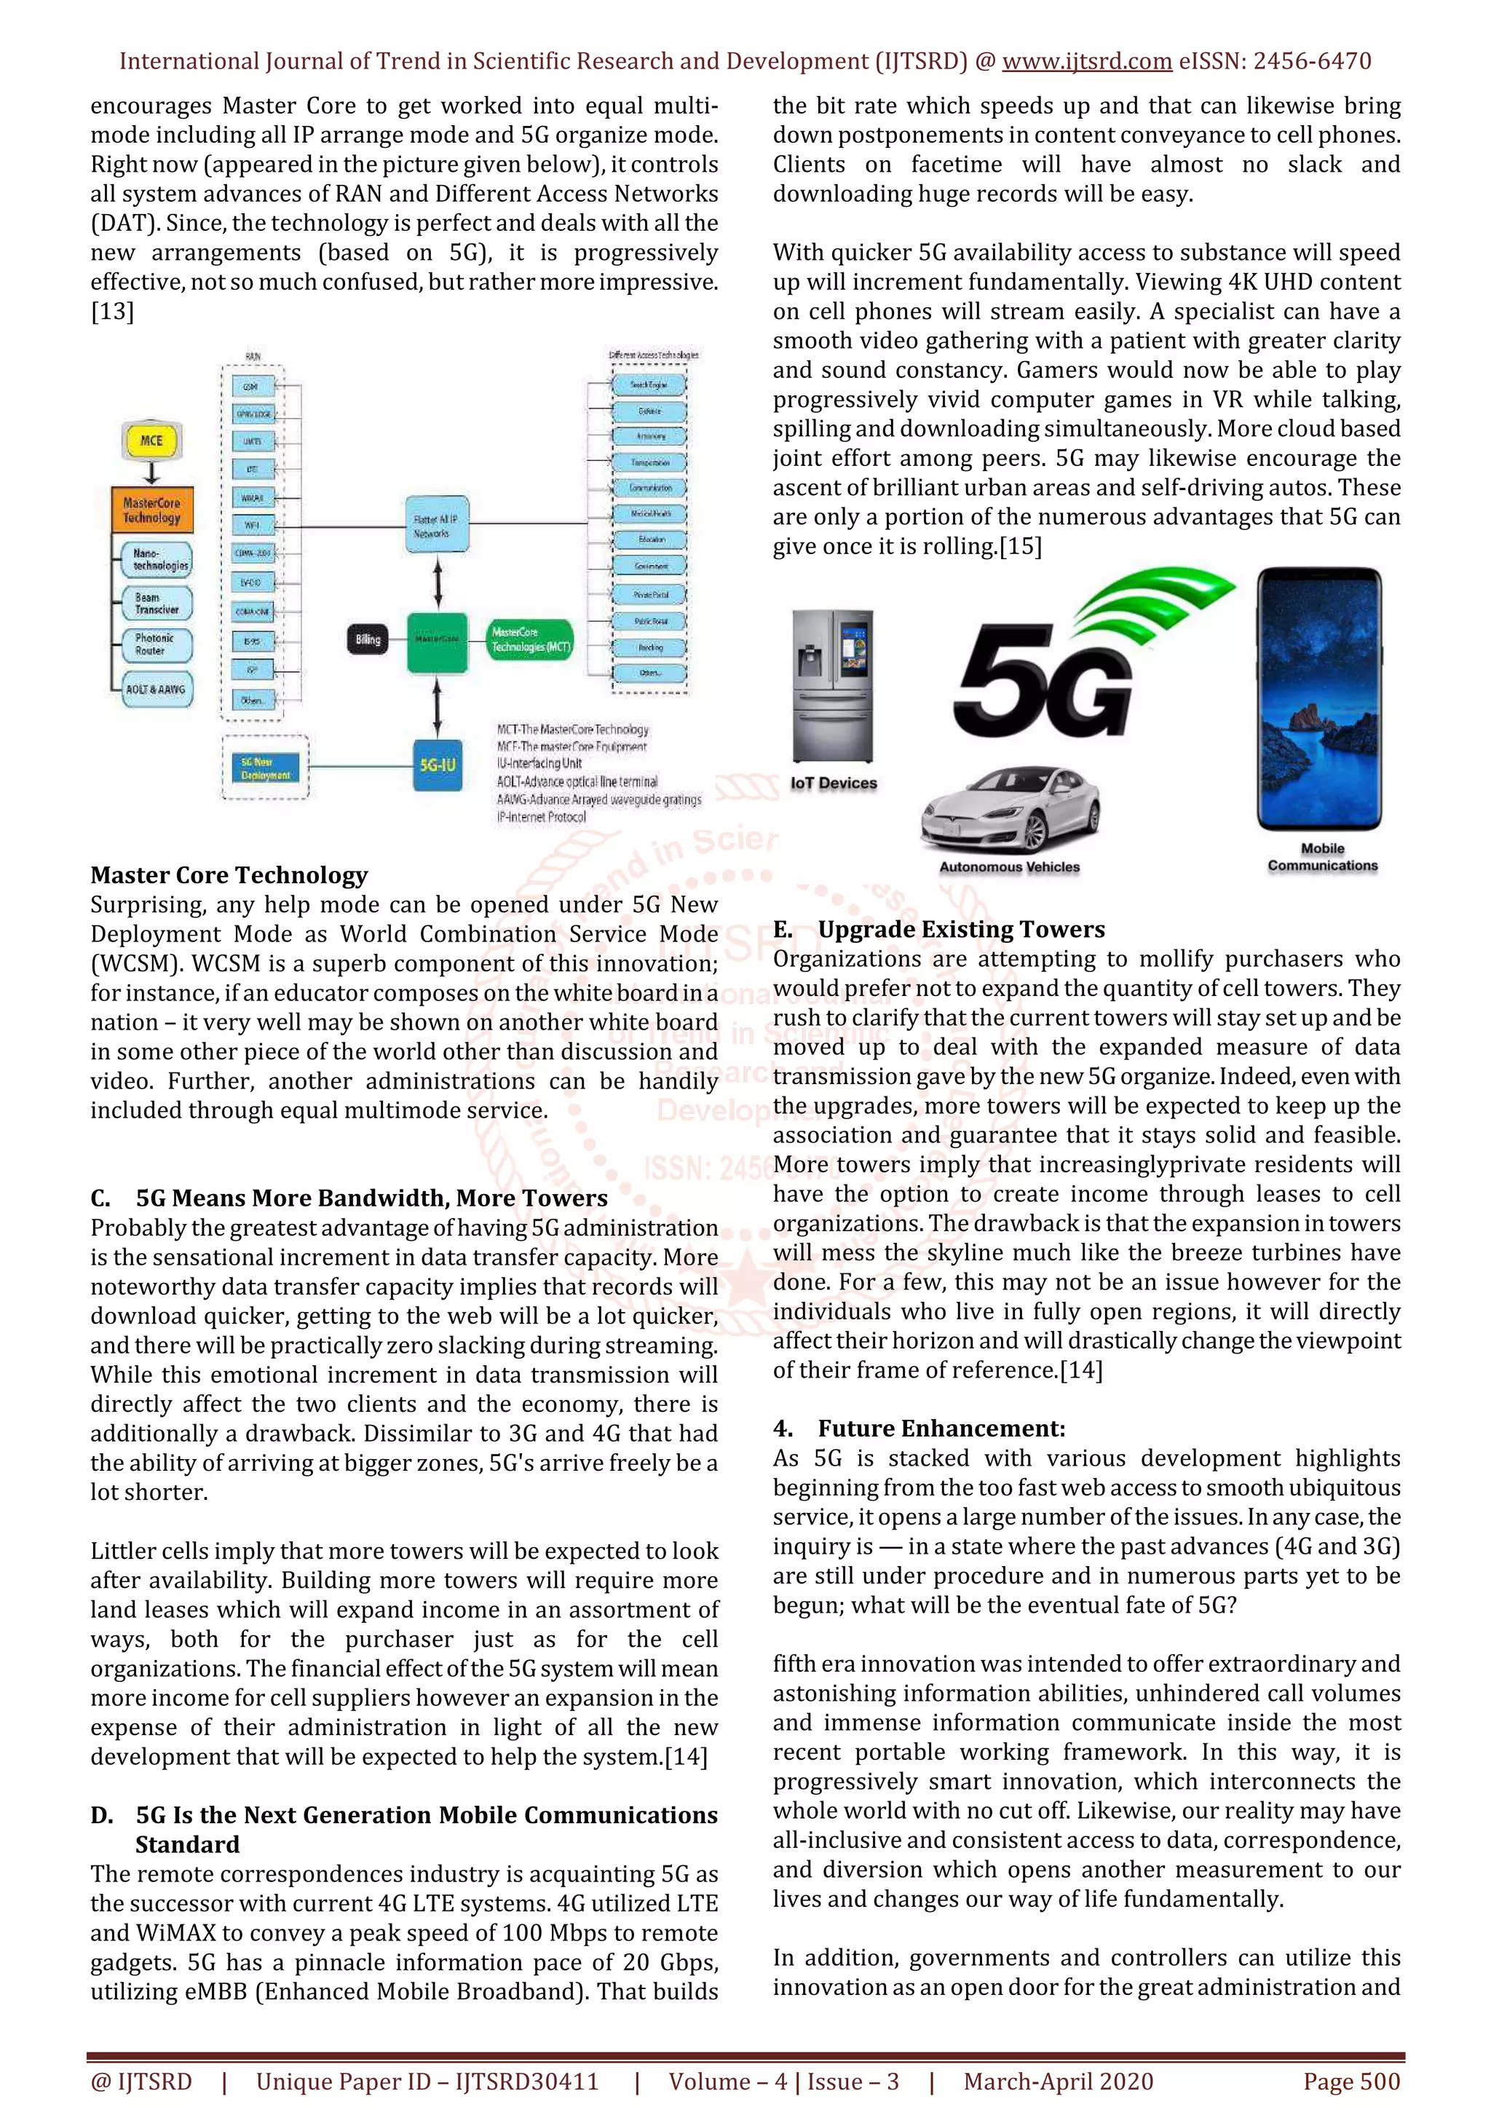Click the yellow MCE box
coord(151,440)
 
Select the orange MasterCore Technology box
coord(152,510)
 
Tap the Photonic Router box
coord(157,644)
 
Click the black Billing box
coord(368,639)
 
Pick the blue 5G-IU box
coord(438,764)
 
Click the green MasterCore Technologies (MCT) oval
coord(531,639)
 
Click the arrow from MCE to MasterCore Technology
coord(151,473)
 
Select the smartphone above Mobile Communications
coord(1320,698)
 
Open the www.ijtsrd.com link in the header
coord(1086,62)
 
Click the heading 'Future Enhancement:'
coord(941,1428)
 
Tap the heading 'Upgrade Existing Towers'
coord(961,929)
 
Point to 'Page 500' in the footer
coord(1351,2082)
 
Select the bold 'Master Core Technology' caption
coord(229,875)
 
